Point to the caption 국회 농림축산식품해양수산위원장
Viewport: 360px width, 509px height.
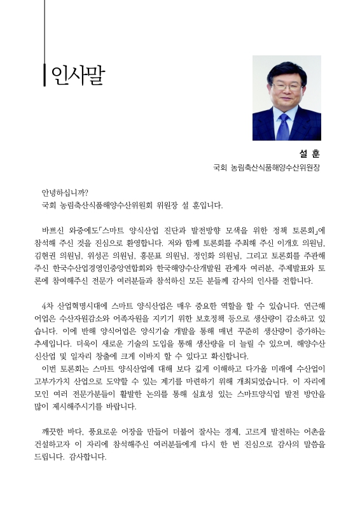pos(267,169)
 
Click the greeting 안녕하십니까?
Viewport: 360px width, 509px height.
pos(65,193)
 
